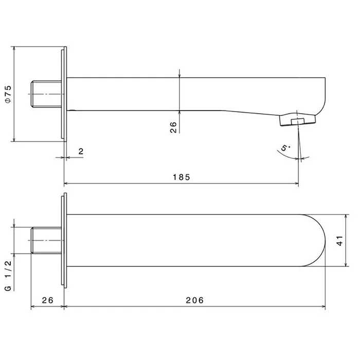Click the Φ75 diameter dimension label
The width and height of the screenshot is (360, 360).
click(x=8, y=94)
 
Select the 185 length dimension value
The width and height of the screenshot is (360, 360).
click(x=182, y=177)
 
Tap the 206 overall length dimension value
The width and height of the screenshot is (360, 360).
click(x=195, y=300)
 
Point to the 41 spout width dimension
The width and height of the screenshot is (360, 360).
click(x=340, y=241)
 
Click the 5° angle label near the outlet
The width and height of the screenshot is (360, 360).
click(x=285, y=148)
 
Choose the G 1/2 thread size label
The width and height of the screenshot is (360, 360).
click(x=8, y=276)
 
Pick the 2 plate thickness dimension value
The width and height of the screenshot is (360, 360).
click(x=81, y=152)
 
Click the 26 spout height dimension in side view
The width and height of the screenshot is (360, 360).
click(x=173, y=127)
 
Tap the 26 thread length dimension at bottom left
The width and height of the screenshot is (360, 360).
click(x=47, y=300)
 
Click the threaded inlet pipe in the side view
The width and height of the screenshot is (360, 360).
click(x=46, y=94)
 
